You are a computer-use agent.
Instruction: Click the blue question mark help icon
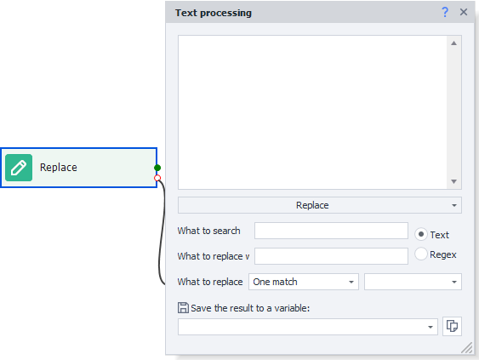click(x=445, y=12)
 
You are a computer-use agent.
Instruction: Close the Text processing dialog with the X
click(x=464, y=12)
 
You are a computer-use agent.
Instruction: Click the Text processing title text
click(x=214, y=13)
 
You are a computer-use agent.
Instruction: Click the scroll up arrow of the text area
click(x=454, y=43)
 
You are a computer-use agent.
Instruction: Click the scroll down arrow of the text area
click(x=454, y=181)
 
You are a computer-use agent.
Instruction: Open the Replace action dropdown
click(x=320, y=205)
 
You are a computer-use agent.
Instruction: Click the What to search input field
click(x=331, y=231)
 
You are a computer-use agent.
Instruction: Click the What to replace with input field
click(x=331, y=256)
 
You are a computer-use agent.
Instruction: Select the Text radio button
click(x=421, y=234)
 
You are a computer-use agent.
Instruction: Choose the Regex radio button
click(x=421, y=254)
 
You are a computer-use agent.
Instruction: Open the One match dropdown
click(x=304, y=282)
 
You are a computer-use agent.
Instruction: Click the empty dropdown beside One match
click(x=413, y=282)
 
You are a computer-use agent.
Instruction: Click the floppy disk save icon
click(x=183, y=308)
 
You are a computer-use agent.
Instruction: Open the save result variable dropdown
click(x=308, y=327)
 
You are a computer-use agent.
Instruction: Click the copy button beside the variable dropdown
click(x=452, y=326)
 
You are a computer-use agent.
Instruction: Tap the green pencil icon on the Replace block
click(x=19, y=168)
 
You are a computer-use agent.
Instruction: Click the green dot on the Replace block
click(x=157, y=168)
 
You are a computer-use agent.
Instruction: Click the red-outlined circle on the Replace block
click(x=157, y=178)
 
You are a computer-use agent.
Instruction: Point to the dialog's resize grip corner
click(x=467, y=348)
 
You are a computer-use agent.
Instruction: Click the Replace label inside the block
click(x=59, y=168)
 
